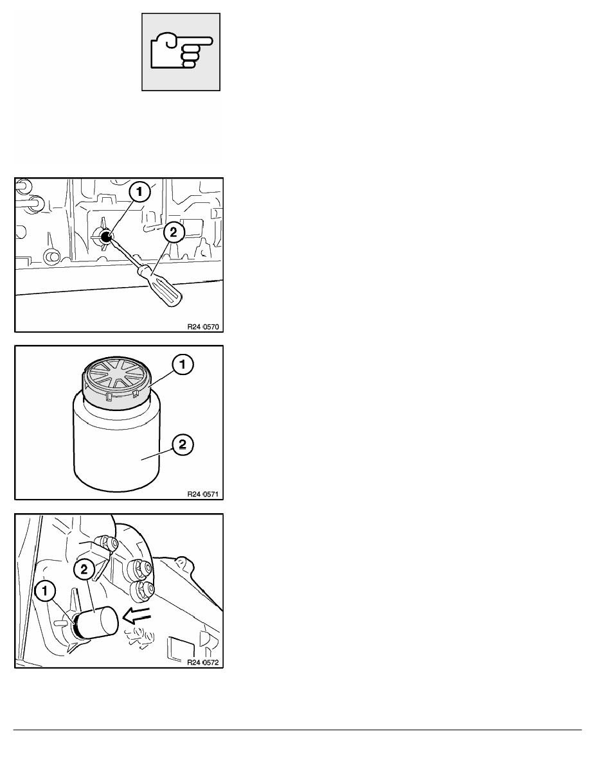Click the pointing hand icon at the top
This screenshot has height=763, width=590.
[x=181, y=51]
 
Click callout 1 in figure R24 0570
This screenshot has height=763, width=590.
[x=139, y=192]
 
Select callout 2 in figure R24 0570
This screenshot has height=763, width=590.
[x=174, y=232]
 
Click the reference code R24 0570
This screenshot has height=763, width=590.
[x=203, y=326]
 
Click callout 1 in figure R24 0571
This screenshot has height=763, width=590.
[x=183, y=365]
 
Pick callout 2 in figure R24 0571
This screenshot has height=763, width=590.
[x=183, y=444]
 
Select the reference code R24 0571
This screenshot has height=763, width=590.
[x=203, y=494]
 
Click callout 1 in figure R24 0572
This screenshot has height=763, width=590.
[x=45, y=592]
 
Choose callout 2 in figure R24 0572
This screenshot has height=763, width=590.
[x=84, y=569]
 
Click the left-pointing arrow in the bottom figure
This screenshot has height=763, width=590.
[x=138, y=617]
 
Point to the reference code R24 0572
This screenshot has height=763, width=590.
[x=203, y=662]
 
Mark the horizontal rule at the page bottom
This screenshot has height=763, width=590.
[x=298, y=730]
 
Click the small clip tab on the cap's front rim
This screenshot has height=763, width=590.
[x=109, y=399]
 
